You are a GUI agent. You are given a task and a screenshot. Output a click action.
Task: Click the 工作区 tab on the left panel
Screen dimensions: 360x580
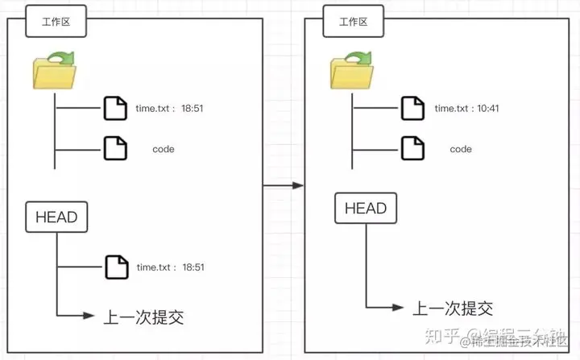tap(56, 22)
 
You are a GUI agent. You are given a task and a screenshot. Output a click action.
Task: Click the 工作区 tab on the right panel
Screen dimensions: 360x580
tap(354, 22)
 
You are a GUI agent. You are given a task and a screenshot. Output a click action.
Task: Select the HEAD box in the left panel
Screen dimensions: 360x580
tap(56, 217)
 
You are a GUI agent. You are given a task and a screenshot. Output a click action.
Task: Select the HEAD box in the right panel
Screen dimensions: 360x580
tap(366, 209)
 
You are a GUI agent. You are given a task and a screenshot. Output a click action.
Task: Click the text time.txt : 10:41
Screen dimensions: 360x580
tap(467, 108)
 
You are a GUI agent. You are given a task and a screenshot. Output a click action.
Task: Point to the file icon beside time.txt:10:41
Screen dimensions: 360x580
tap(413, 107)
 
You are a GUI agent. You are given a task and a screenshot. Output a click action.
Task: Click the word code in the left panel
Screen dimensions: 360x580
tap(164, 149)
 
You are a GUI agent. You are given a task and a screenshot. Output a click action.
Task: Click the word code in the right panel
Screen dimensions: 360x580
tap(461, 149)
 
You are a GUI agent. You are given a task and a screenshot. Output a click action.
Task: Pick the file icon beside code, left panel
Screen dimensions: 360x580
tap(116, 149)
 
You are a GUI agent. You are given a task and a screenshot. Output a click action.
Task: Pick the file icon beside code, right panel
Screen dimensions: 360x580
tap(413, 149)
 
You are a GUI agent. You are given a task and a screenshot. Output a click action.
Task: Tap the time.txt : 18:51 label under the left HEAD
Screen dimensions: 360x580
tap(170, 267)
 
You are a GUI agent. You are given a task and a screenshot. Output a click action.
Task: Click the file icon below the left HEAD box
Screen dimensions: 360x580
tap(116, 267)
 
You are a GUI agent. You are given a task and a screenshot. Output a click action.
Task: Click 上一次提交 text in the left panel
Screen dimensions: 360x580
tap(144, 317)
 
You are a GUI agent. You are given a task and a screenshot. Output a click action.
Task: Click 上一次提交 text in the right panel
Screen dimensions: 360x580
tap(453, 308)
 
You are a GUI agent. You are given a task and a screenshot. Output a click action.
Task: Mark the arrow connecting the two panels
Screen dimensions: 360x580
tap(284, 185)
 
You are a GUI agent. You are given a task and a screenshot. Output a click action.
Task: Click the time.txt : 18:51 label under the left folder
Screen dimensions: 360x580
tap(170, 108)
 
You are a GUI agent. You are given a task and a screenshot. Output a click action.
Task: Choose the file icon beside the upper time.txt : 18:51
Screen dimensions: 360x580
tap(116, 107)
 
